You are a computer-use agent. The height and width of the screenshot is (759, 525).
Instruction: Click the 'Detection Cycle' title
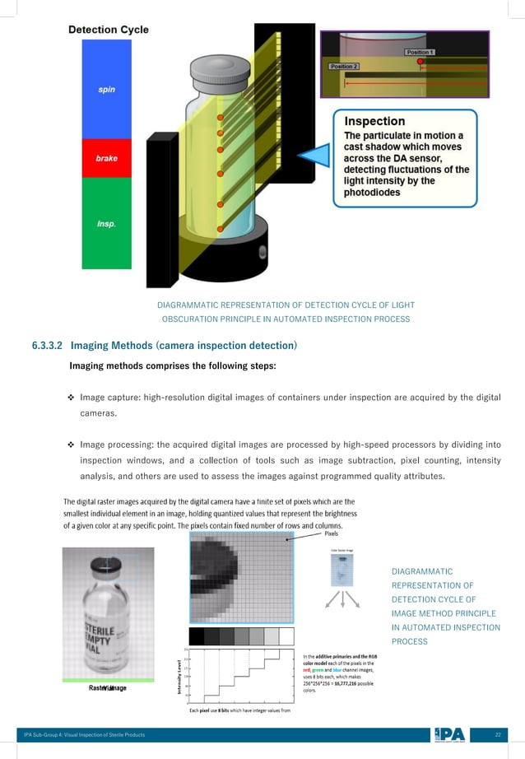tap(108, 30)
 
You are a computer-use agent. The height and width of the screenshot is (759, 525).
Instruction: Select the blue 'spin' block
tap(106, 89)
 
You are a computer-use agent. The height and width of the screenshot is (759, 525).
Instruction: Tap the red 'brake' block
tap(106, 159)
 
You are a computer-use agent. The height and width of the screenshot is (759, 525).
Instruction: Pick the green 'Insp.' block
tap(106, 223)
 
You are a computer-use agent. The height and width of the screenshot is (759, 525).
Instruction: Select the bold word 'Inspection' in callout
tap(374, 120)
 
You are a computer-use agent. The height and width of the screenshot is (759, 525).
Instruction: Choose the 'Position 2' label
tap(343, 66)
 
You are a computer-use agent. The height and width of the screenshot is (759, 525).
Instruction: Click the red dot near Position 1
tap(420, 62)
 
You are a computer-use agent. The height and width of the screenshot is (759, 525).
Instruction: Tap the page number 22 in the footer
tap(497, 733)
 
